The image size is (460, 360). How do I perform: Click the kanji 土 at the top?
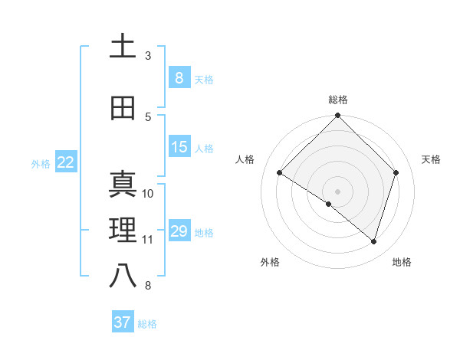[x=122, y=46]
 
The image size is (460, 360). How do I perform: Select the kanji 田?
[x=122, y=108]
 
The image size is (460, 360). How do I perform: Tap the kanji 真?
[x=122, y=184]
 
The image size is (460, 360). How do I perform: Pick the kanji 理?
[x=122, y=230]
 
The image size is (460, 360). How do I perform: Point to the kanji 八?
[x=122, y=277]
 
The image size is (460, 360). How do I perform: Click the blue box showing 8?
[x=179, y=77]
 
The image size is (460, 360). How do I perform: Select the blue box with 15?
[x=179, y=147]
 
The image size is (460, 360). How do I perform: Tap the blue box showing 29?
[x=179, y=231]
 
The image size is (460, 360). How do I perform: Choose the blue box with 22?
[x=65, y=162]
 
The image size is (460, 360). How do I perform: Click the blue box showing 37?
[x=122, y=322]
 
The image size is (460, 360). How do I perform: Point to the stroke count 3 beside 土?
[x=148, y=56]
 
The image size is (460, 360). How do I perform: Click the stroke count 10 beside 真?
[x=148, y=193]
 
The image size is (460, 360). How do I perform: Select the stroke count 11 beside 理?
[x=148, y=240]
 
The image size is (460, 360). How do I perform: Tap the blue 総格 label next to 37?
[x=147, y=324]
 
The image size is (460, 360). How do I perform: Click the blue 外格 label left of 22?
[x=41, y=163]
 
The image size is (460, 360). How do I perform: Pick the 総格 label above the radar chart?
[x=338, y=100]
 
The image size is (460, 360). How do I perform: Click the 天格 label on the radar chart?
[x=431, y=159]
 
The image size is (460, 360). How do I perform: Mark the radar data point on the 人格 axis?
[x=280, y=172]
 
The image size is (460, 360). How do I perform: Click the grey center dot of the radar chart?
[x=338, y=191]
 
